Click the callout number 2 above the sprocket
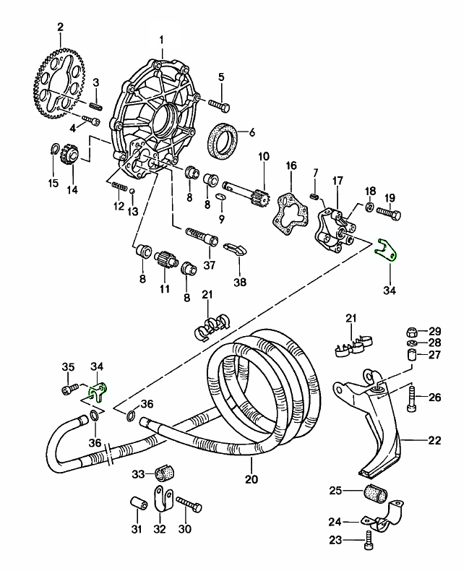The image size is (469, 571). coord(60,27)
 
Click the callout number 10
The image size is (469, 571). coord(262,157)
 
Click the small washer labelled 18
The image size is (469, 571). coord(369,209)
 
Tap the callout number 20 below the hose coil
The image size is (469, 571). coord(251,478)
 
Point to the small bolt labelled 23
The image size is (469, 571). coord(370,538)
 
